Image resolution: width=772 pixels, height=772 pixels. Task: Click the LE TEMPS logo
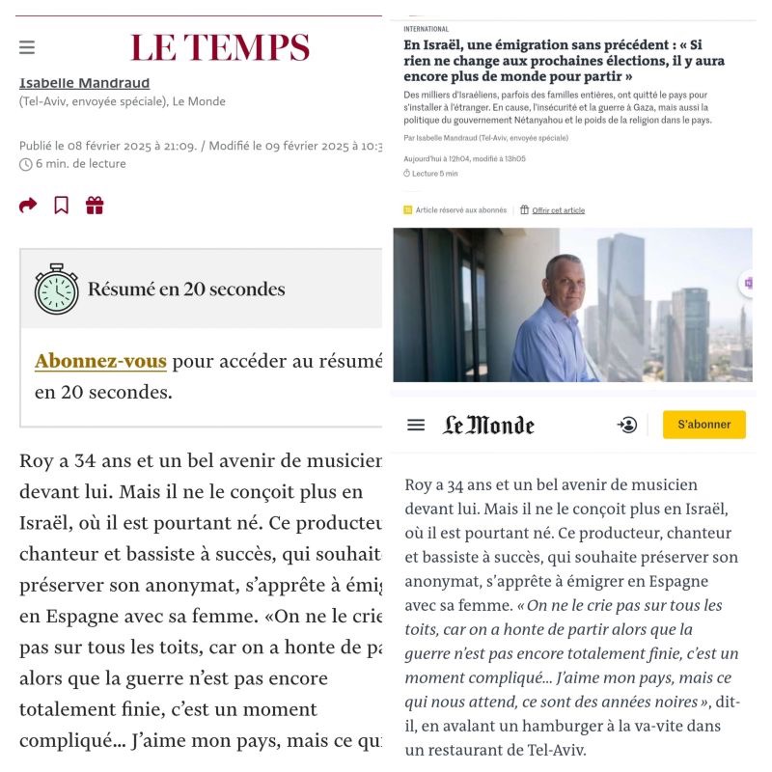coord(220,47)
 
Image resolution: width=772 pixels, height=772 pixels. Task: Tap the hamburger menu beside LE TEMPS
coord(27,47)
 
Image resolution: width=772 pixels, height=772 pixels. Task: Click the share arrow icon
coord(28,205)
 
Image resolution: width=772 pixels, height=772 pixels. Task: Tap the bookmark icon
coord(61,205)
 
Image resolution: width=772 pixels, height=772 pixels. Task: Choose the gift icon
coord(94,205)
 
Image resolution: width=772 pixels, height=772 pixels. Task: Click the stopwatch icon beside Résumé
coord(57,288)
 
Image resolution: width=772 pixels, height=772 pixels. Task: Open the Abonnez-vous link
coord(100,361)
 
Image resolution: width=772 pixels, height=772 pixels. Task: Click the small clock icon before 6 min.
coord(25,164)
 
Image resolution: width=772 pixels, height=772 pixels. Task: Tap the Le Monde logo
coord(488,425)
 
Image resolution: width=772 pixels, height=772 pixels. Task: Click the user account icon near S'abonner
coord(627,425)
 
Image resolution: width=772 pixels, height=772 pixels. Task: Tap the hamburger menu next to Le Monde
coord(416,425)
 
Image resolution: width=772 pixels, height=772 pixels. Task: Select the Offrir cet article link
coord(558,210)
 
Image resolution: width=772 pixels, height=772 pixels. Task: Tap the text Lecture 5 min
coord(434,174)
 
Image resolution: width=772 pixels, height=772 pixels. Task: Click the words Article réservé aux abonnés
coord(460,210)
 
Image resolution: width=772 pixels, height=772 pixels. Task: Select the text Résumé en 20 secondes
coord(186,289)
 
